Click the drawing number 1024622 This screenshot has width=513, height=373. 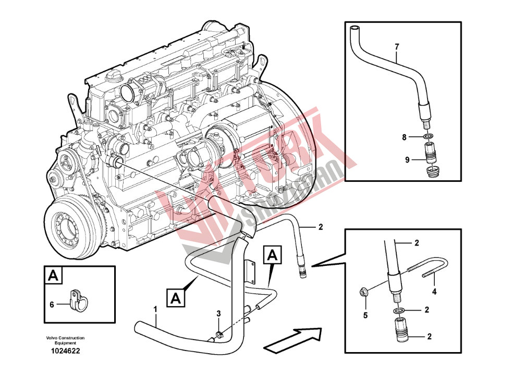tap(65, 351)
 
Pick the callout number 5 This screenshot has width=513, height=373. tap(365, 315)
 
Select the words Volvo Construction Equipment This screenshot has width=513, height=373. tap(65, 340)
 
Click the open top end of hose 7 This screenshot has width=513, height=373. tap(355, 28)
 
